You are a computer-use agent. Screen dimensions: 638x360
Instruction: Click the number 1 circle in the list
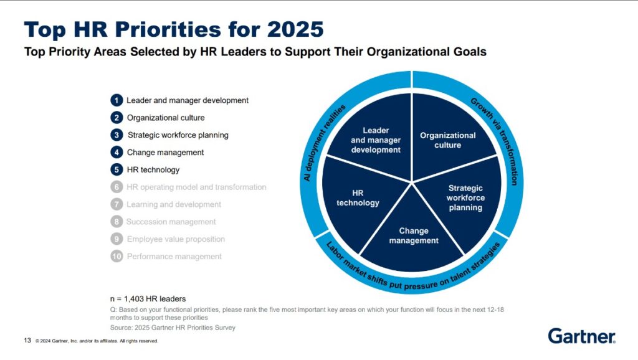tap(117, 100)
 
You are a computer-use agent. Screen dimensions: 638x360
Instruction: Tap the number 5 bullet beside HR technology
tap(117, 169)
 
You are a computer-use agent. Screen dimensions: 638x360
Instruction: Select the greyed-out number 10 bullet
tap(117, 256)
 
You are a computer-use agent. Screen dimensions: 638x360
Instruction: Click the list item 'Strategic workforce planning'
tap(178, 135)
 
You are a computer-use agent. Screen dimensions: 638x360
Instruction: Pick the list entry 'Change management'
tap(165, 153)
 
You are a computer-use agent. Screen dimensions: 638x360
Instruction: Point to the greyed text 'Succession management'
tap(171, 222)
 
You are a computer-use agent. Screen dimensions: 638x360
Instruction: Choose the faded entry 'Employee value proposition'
tap(176, 239)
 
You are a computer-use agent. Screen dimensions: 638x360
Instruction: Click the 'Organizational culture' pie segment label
tap(447, 140)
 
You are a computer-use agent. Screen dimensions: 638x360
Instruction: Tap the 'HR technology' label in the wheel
tap(358, 198)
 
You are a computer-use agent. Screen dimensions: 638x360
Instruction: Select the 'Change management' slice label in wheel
tap(414, 235)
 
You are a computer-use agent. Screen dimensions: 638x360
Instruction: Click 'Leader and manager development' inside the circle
tap(376, 140)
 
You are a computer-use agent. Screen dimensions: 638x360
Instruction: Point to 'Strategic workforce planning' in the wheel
tap(465, 197)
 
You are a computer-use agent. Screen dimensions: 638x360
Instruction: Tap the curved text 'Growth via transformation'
tap(499, 138)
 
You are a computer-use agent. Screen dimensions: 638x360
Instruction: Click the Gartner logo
tap(581, 336)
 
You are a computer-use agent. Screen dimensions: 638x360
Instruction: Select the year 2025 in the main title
tap(295, 29)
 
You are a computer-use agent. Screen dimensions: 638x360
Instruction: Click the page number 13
tap(27, 340)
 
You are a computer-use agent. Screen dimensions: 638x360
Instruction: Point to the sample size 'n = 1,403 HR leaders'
tap(148, 298)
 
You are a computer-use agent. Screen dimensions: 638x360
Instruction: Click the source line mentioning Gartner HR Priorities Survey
tap(173, 328)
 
